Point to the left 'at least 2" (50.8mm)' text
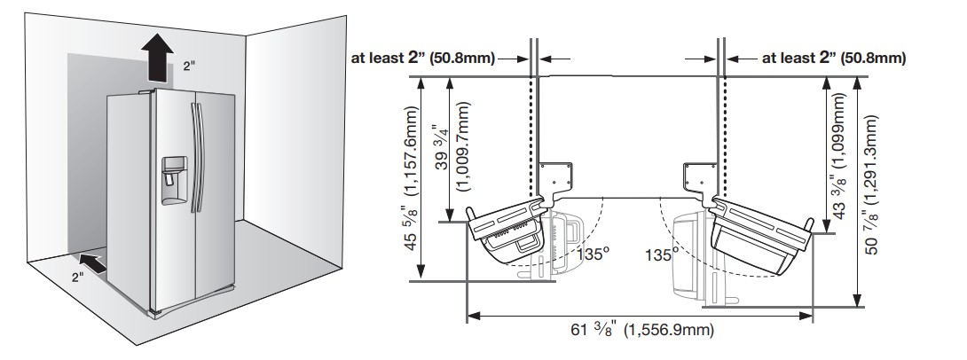tap(424, 59)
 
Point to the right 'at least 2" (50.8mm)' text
tap(834, 59)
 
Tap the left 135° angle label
tap(594, 254)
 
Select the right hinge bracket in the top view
tap(702, 176)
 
